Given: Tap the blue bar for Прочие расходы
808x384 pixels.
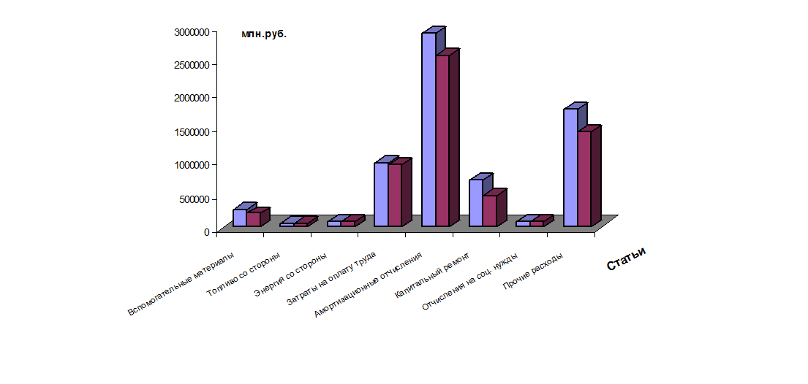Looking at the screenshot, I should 570,167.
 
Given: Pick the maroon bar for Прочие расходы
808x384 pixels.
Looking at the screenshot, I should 584,179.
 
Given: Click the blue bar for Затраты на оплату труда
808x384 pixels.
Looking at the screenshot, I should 381,194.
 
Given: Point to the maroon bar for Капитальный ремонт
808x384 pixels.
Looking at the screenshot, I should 489,211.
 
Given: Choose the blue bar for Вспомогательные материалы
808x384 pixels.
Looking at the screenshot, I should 239,218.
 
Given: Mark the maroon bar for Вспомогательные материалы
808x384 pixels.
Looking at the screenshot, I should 253,219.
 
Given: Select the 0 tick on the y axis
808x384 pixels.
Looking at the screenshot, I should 206,232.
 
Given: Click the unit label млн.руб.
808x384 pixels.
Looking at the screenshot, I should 264,34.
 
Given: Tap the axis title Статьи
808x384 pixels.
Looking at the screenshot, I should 627,258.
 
